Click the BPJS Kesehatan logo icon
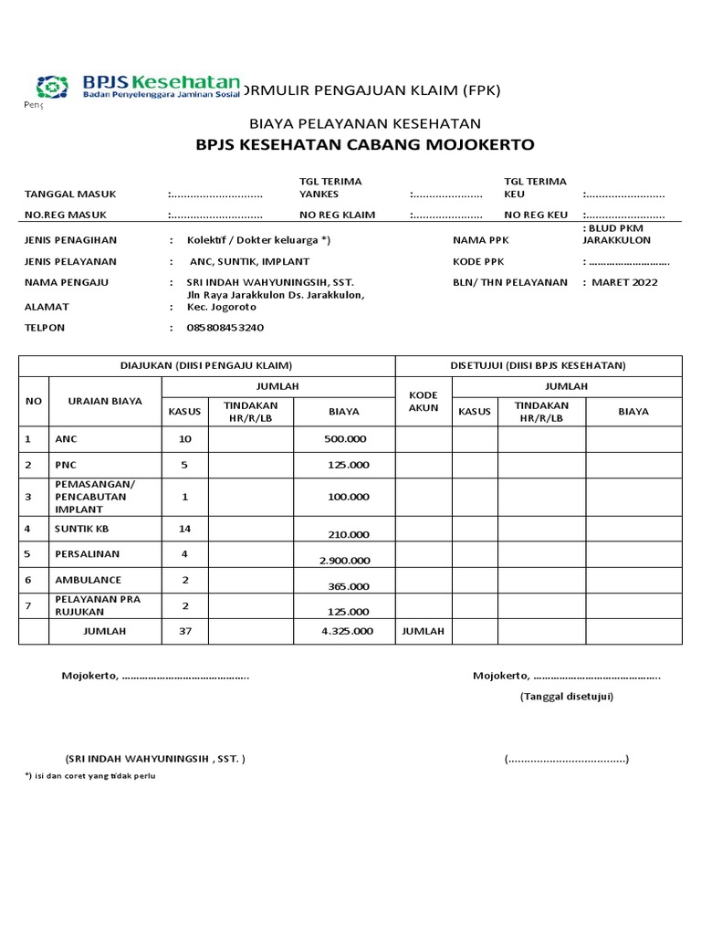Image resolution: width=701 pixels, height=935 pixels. point(52,87)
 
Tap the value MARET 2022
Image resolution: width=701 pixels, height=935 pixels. point(625,282)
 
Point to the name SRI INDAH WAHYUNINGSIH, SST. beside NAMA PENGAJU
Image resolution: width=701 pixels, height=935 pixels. point(270,282)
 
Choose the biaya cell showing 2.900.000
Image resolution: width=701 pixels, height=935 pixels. point(345,561)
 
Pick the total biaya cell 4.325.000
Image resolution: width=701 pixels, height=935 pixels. point(347,631)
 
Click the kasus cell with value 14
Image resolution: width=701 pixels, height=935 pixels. point(185,529)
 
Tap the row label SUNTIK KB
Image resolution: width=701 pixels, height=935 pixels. point(81,529)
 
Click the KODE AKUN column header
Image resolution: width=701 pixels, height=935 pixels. point(424,402)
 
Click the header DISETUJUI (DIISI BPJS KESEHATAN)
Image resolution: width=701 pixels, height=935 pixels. point(539,365)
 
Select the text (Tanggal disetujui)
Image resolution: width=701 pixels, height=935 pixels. point(567,696)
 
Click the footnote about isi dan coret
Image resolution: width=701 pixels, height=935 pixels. point(90,775)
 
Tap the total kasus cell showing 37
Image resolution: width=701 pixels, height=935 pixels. point(185,631)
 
